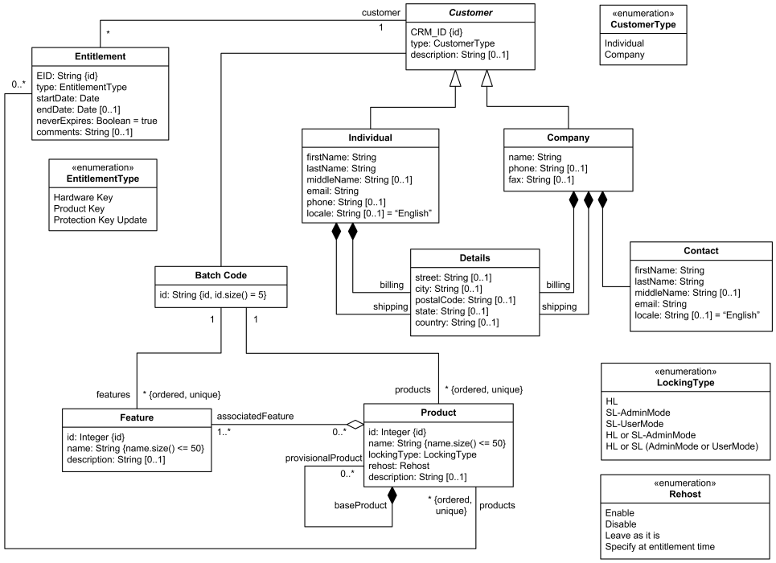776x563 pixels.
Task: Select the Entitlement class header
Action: (100, 56)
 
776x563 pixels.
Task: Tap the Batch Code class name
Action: (220, 276)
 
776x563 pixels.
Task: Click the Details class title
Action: (474, 258)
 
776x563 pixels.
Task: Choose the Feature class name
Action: (137, 417)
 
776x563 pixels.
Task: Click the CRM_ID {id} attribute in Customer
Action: (437, 31)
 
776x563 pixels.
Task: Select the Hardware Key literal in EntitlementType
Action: (83, 197)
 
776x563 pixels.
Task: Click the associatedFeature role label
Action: (253, 416)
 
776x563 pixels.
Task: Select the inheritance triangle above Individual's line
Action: (454, 77)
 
